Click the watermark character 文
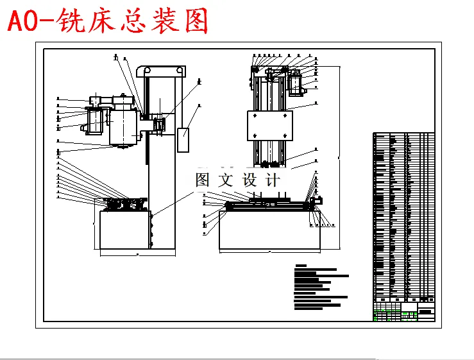click(225, 180)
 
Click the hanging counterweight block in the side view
click(184, 140)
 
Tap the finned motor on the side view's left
click(94, 120)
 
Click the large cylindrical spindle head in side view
click(123, 125)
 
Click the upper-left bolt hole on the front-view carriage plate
click(255, 116)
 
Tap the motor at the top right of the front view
click(295, 84)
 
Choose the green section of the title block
click(387, 315)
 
